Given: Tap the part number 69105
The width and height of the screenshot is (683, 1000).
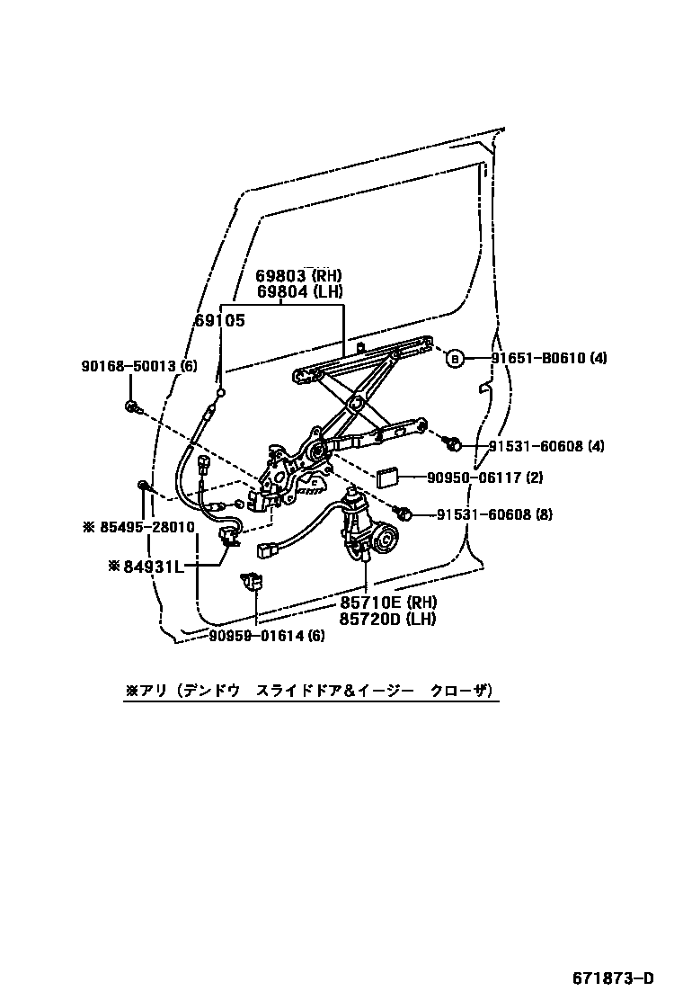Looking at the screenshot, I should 219,319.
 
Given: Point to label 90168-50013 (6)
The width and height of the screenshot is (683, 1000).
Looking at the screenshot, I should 138,366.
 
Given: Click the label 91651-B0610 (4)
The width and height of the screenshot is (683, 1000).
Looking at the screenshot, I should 548,358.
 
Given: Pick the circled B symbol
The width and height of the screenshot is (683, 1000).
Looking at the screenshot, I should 455,359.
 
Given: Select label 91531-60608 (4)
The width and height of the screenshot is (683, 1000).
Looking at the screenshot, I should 548,446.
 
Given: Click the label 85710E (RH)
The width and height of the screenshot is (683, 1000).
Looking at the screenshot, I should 387,602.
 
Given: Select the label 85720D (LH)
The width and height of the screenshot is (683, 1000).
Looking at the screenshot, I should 387,618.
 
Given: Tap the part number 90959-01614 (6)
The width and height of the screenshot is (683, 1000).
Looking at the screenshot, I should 267,636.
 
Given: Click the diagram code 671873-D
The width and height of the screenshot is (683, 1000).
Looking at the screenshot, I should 614,978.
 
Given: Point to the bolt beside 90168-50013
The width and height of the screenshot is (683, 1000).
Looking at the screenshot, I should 133,407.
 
